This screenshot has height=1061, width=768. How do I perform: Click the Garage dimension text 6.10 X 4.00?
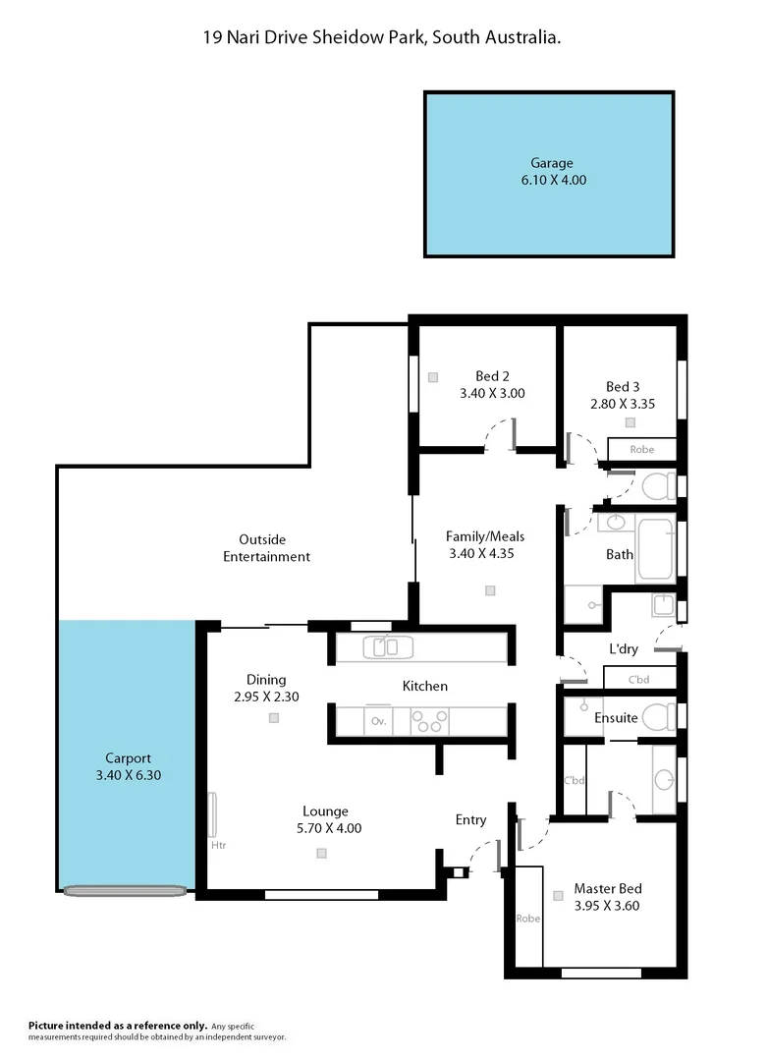click(549, 180)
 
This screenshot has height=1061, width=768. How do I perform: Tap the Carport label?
click(128, 757)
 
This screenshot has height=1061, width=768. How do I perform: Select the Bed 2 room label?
click(492, 376)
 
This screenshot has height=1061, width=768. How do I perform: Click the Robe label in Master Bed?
click(528, 919)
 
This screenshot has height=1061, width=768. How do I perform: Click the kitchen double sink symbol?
click(388, 647)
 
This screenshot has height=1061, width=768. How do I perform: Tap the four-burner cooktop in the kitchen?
click(429, 720)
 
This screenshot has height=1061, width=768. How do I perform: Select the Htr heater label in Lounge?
click(218, 844)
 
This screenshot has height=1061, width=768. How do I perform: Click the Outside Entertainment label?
click(274, 547)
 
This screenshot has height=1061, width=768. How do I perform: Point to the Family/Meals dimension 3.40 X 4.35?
click(480, 553)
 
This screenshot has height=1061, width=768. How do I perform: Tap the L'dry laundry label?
click(625, 650)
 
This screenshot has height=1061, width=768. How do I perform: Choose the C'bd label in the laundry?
click(638, 679)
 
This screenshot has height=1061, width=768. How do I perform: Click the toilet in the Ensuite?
click(659, 716)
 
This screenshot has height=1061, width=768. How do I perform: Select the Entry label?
click(470, 819)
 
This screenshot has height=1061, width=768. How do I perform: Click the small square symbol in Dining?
click(274, 718)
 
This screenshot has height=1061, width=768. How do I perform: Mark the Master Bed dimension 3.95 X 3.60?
click(606, 906)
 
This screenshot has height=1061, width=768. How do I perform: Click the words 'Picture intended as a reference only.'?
click(117, 1026)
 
